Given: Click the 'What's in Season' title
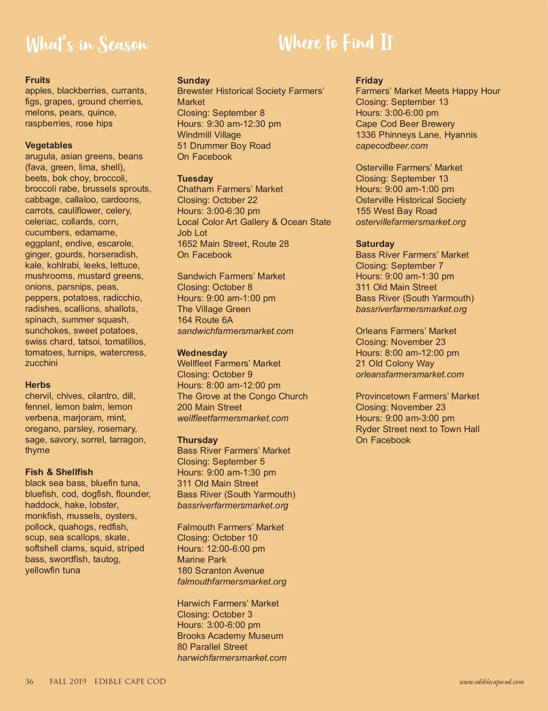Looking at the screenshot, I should (x=87, y=45).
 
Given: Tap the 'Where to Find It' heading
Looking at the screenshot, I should (x=336, y=42).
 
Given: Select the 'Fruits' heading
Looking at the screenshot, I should (x=37, y=80).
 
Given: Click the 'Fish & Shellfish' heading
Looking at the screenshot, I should (x=59, y=472).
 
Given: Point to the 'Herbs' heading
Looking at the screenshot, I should (x=38, y=385).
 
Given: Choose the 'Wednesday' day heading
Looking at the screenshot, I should (x=202, y=353).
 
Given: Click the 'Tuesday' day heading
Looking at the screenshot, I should (x=195, y=178).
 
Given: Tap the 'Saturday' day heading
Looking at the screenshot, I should (x=375, y=244).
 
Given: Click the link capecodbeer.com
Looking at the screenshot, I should (x=391, y=146).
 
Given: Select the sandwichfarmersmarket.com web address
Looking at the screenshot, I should (x=235, y=331).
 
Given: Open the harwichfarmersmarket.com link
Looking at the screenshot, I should (x=232, y=658).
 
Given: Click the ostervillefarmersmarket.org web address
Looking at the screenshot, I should (x=411, y=222).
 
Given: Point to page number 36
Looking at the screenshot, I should (x=29, y=681).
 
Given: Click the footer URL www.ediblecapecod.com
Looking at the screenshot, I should (x=491, y=682).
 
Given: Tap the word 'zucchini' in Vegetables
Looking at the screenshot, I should (x=41, y=363).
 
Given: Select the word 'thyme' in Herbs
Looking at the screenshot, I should (x=37, y=450).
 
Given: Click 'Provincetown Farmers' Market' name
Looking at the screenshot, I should (x=417, y=396).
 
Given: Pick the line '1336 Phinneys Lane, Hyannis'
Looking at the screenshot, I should (x=416, y=135).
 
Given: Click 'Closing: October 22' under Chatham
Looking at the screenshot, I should (x=217, y=200).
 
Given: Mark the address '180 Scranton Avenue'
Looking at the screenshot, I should (x=221, y=570).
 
